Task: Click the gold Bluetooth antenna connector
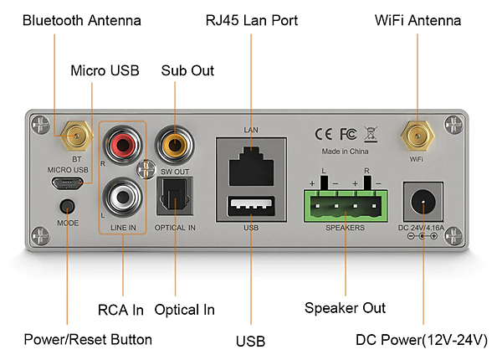pos(76,136)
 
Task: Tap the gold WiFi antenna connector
pos(417,136)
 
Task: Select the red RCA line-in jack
pos(122,145)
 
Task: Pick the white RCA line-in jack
pos(122,197)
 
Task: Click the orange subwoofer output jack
pos(175,145)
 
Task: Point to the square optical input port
pos(175,196)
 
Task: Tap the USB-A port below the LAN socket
pos(251,206)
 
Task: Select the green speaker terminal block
pos(346,206)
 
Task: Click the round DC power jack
pos(423,202)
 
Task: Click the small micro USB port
pos(67,183)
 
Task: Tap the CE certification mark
pos(323,134)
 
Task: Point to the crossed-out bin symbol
pos(371,135)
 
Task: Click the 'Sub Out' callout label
pos(187,71)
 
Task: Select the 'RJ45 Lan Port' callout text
pos(252,20)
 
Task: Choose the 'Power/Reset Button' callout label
pos(88,340)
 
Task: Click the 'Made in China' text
pos(345,152)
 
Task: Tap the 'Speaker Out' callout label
pos(345,308)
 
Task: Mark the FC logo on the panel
pos(348,134)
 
